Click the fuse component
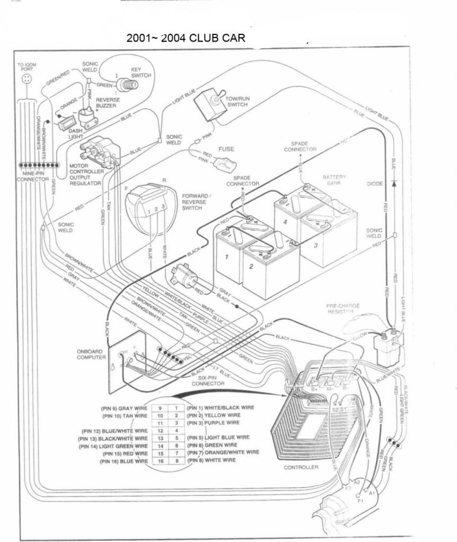[222, 161]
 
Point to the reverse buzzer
[88, 116]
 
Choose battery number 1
[227, 257]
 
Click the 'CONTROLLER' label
[301, 467]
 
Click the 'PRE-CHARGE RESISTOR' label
[342, 309]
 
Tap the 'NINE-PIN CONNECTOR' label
[32, 176]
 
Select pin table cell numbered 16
[160, 461]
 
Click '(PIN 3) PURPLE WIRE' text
[213, 423]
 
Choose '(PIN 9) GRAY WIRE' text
[124, 408]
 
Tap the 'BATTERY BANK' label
[334, 180]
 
